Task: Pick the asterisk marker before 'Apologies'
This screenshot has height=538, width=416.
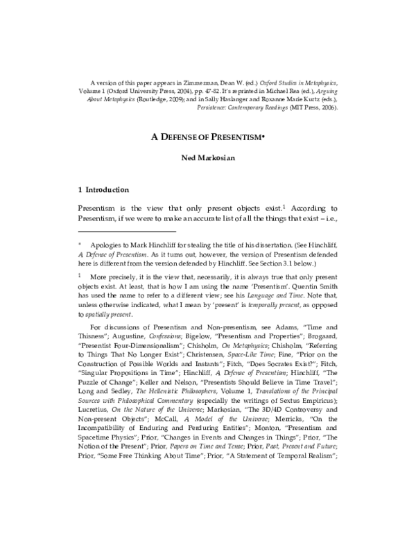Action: [x=80, y=245]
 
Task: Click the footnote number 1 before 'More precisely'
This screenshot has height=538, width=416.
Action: [x=80, y=275]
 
